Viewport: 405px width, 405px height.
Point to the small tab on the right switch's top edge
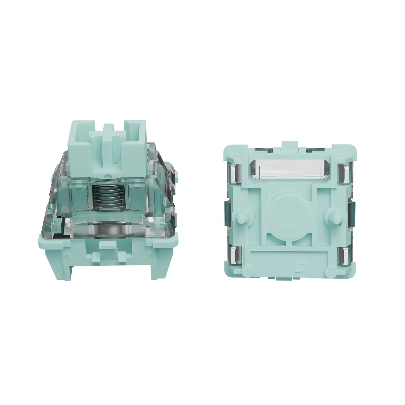289,145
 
